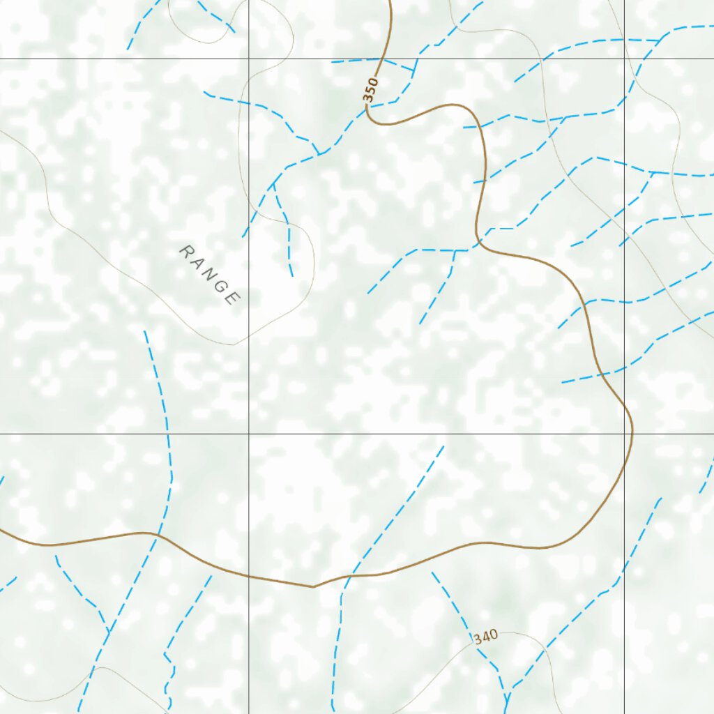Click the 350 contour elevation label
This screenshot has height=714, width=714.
372,91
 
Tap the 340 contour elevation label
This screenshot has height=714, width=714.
485,637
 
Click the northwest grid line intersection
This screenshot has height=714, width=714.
249,59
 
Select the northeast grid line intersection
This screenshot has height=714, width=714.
624,59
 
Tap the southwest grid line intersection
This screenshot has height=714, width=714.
249,434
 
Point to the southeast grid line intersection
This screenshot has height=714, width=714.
624,434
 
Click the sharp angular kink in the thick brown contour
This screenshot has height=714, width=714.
313,587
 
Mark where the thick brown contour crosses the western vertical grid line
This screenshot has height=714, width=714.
249,576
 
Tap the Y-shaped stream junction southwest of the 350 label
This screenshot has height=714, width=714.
319,153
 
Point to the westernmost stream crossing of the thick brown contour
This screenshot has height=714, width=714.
158,535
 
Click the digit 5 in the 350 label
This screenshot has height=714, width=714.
372,91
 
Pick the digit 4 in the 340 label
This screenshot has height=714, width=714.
485,637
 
